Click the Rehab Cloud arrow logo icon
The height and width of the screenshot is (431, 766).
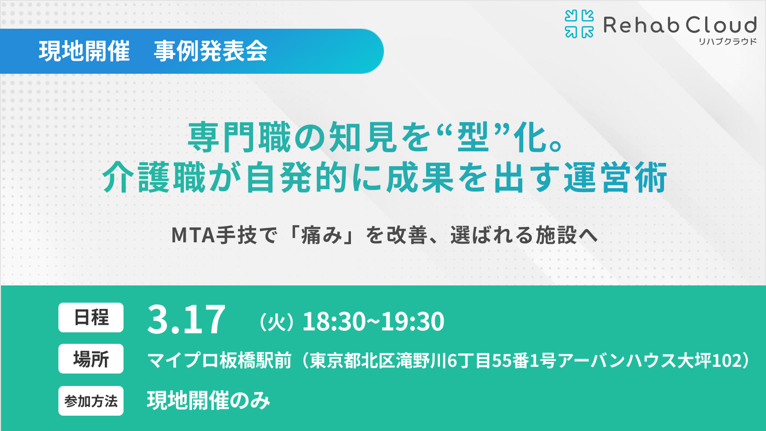[x=579, y=24]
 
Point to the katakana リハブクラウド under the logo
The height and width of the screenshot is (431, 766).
[x=727, y=42]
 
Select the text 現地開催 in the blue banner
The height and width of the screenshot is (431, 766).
[x=84, y=51]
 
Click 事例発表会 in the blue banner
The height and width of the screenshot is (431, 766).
[x=211, y=51]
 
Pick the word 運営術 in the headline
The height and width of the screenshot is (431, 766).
[x=616, y=178]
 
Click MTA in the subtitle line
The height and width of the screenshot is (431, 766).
[x=193, y=235]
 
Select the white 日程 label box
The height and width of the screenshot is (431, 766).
[x=91, y=318]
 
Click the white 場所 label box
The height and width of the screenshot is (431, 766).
[x=91, y=359]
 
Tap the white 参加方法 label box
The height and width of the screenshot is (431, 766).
[x=91, y=401]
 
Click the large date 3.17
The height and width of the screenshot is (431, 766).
[x=186, y=320]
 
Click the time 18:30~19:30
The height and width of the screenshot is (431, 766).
[x=373, y=321]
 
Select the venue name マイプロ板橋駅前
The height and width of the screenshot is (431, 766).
[x=219, y=361]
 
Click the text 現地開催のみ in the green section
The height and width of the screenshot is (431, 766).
[x=209, y=400]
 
